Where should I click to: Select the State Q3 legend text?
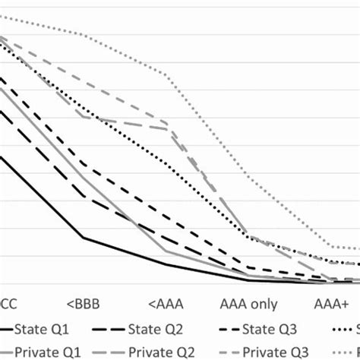click(267, 329)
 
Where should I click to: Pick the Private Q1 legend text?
click(58, 352)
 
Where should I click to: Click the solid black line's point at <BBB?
click(83, 238)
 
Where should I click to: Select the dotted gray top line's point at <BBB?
click(83, 34)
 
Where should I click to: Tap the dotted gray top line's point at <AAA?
click(167, 74)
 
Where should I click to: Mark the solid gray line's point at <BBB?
click(83, 176)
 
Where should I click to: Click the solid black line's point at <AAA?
click(167, 264)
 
